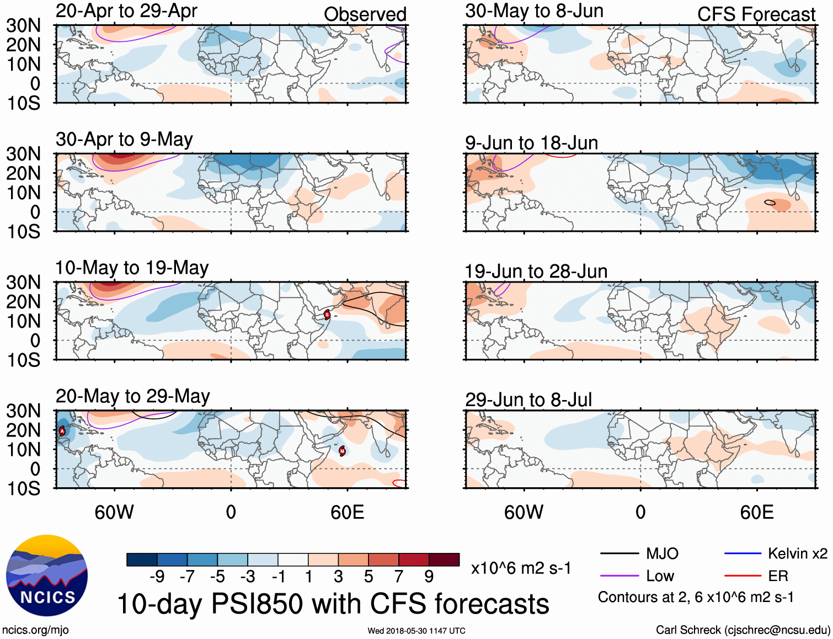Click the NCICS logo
click(47, 576)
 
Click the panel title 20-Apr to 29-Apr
click(126, 11)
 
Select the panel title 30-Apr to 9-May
click(124, 140)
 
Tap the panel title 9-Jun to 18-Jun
click(531, 143)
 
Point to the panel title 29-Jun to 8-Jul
click(528, 400)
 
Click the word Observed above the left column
click(365, 14)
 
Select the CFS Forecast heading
click(756, 14)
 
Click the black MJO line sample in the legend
click(620, 553)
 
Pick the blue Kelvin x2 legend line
click(743, 553)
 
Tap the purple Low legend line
click(620, 576)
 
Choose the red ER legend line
click(743, 576)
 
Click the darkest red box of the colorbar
click(444, 560)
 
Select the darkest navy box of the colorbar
click(141, 560)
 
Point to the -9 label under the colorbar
click(157, 577)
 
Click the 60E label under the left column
click(347, 512)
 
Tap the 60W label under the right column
click(524, 512)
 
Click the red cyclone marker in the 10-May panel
click(327, 315)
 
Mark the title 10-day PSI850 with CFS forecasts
click(333, 604)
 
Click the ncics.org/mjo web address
click(35, 630)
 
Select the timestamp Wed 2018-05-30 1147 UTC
click(416, 631)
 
